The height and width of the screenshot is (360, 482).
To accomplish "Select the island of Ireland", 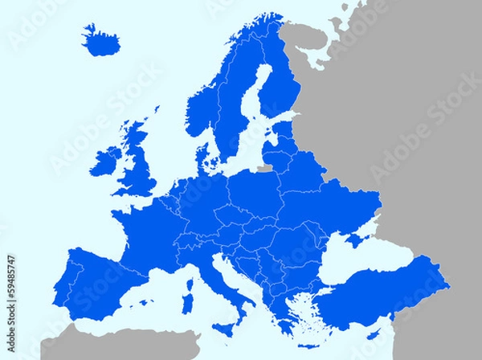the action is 105,161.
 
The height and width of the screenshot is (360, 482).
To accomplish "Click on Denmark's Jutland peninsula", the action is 206,153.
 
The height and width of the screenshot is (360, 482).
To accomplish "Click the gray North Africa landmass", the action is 120,346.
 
